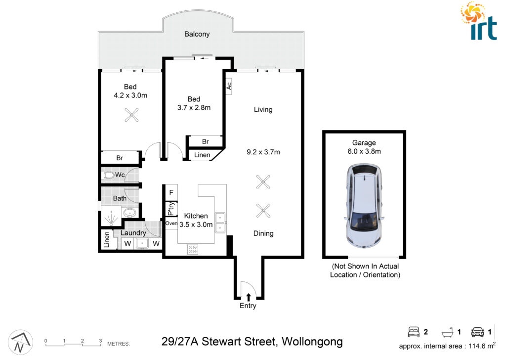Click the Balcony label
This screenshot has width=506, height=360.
[197, 34]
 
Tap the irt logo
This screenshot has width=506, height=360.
[479, 21]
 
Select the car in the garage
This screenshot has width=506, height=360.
[364, 206]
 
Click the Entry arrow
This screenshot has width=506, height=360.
[248, 297]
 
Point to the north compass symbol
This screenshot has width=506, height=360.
[20, 342]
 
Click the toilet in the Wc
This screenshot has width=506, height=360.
[109, 176]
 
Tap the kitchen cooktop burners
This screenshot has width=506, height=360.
[193, 249]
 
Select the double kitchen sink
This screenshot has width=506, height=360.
[220, 223]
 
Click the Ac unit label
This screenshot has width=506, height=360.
[229, 86]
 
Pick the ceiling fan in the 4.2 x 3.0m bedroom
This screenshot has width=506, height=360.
[131, 115]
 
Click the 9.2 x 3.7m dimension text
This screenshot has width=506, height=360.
[263, 152]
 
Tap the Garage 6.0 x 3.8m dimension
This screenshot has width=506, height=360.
[364, 151]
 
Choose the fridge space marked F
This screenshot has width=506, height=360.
[171, 192]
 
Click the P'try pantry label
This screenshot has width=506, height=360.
[171, 209]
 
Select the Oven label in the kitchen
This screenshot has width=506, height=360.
[171, 223]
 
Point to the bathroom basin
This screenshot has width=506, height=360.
[130, 213]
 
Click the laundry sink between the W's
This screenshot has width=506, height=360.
[142, 243]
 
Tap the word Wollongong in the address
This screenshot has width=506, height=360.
[312, 342]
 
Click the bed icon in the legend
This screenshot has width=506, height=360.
[414, 332]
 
